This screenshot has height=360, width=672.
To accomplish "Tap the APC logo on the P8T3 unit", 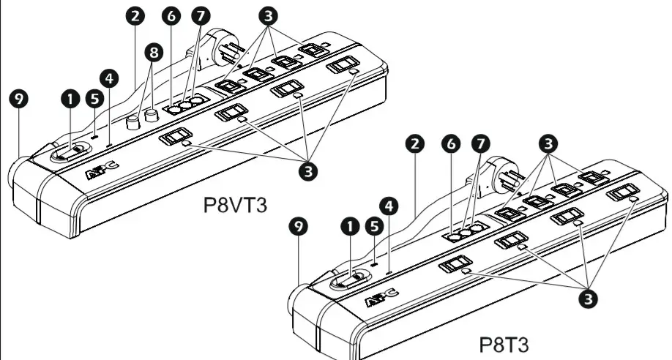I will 381,297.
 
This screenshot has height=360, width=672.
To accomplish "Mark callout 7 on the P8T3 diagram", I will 480,143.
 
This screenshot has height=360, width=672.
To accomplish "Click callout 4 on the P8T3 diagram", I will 392,207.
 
